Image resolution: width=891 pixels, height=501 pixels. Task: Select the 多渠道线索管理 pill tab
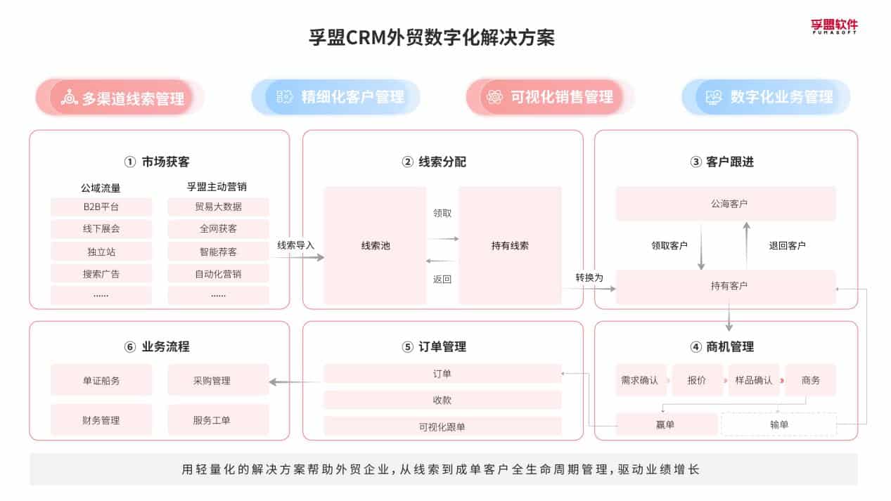click(121, 97)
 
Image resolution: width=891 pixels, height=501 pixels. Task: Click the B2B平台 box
click(101, 207)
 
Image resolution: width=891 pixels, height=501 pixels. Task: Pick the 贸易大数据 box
click(218, 207)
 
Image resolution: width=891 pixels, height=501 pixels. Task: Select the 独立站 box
click(101, 251)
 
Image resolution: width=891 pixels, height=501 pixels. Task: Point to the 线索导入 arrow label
click(295, 245)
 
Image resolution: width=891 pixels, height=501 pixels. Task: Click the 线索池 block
click(375, 245)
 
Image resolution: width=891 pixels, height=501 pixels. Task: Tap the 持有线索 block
click(510, 245)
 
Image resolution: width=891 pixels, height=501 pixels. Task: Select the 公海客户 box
click(726, 204)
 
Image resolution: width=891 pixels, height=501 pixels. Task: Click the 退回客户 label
click(786, 245)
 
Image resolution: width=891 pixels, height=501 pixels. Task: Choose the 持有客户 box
click(726, 286)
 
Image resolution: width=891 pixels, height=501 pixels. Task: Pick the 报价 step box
click(696, 380)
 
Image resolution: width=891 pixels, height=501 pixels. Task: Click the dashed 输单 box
click(778, 424)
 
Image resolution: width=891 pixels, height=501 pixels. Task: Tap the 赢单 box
click(666, 424)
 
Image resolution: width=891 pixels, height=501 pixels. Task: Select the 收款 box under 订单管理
click(442, 400)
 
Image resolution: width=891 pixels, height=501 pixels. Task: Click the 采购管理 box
click(218, 380)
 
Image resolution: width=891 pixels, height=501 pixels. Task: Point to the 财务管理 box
click(101, 420)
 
